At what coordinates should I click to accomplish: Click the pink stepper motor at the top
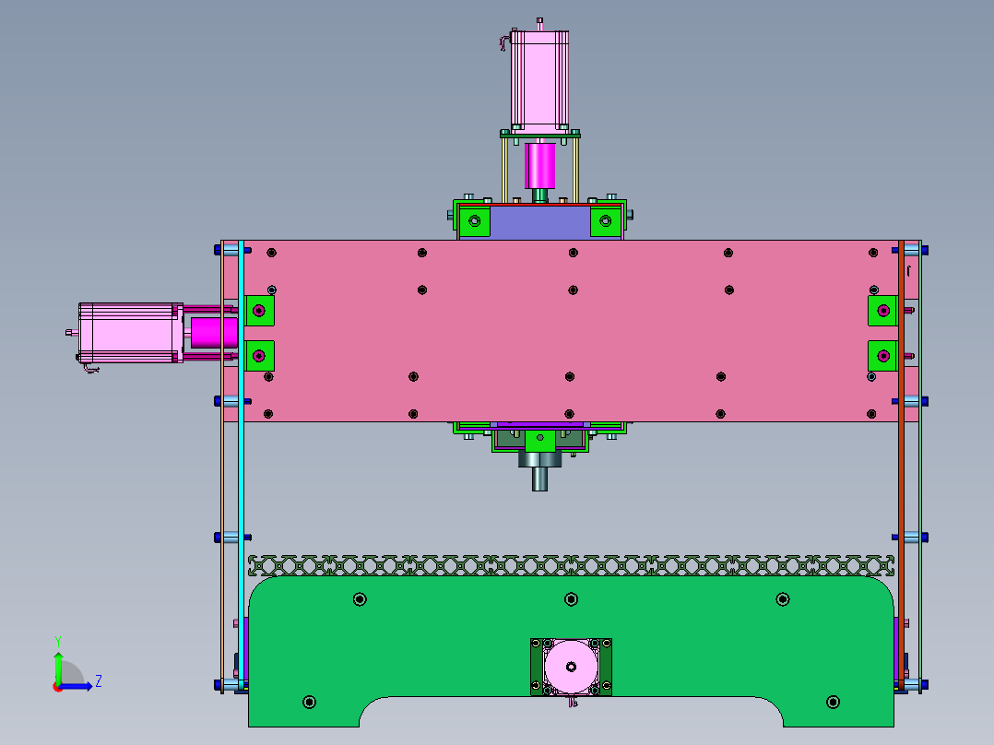(x=539, y=80)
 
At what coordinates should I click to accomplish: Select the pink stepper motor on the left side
(x=131, y=333)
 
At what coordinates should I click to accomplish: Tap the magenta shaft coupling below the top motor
(x=540, y=165)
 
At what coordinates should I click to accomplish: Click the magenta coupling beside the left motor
(x=214, y=333)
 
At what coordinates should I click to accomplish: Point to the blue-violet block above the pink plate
(x=540, y=222)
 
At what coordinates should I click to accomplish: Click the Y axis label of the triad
(x=58, y=642)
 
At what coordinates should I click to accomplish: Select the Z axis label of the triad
(x=99, y=681)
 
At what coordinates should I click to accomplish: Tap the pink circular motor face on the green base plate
(x=571, y=667)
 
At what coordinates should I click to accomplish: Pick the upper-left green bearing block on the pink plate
(x=259, y=311)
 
